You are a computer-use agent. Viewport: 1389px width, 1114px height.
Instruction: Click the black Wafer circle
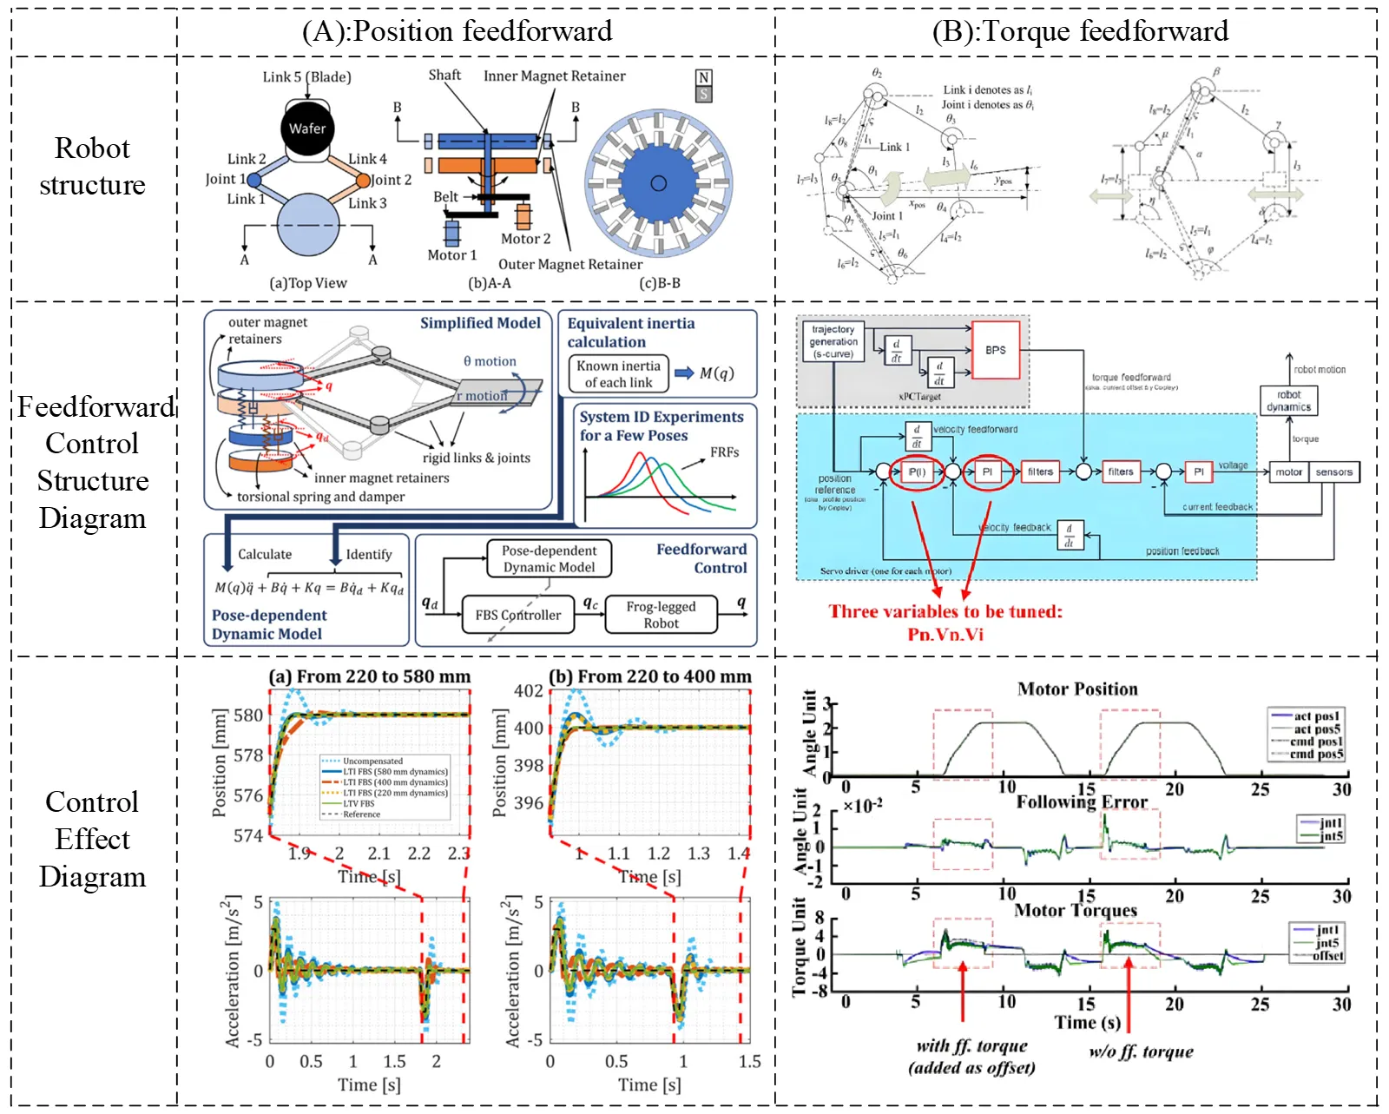307,129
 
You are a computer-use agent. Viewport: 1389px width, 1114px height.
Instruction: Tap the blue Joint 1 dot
254,180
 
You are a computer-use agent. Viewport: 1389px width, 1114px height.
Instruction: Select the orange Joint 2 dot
364,181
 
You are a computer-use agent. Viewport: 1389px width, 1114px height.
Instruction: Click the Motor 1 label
452,255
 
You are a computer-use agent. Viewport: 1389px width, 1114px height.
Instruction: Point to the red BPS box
996,350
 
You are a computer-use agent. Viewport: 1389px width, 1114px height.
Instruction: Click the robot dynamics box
1289,401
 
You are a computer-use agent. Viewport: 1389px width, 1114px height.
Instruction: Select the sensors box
1333,472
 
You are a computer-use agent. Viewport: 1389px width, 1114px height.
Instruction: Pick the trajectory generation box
833,342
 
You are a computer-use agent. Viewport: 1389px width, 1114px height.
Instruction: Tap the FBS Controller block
518,615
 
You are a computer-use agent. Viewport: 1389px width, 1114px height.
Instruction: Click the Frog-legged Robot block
662,615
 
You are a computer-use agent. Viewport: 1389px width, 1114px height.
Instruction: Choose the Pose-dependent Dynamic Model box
549,558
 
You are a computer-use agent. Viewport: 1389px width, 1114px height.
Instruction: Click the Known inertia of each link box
618,374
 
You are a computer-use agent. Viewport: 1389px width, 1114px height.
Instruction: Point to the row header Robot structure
93,167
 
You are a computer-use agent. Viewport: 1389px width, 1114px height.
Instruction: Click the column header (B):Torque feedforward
1080,31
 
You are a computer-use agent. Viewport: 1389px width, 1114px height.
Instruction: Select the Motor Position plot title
1077,689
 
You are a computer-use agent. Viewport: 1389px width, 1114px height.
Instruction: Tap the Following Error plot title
1082,802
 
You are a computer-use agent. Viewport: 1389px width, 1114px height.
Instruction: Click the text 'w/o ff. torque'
1141,1052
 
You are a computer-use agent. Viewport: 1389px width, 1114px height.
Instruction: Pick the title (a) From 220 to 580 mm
370,676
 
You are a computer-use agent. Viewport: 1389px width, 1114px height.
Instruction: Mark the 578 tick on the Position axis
248,755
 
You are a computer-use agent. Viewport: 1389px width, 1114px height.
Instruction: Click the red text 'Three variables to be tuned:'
945,611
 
